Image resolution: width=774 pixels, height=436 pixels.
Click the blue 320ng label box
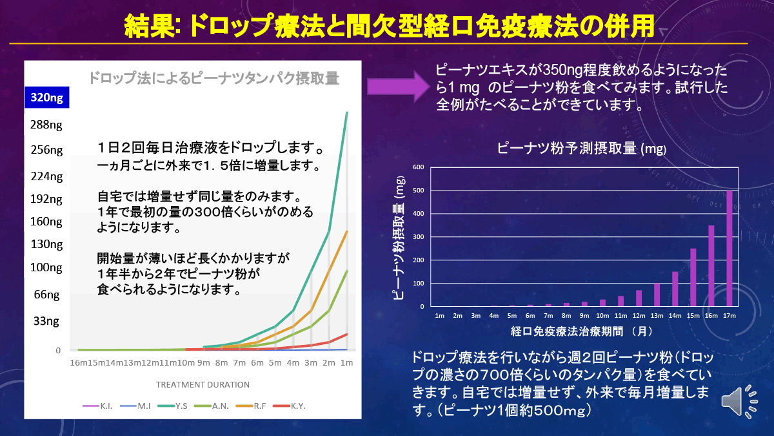click(x=46, y=98)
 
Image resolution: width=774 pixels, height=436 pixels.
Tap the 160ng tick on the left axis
click(x=46, y=222)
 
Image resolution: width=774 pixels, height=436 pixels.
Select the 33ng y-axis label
click(x=46, y=320)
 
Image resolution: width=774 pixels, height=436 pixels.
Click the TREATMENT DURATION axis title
click(x=203, y=384)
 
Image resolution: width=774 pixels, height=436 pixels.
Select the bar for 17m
click(x=729, y=249)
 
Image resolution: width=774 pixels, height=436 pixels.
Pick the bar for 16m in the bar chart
click(x=711, y=266)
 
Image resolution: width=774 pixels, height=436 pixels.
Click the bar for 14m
click(x=675, y=289)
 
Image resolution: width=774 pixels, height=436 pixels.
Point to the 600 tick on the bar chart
click(x=418, y=167)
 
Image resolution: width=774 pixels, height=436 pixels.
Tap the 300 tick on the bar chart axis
click(x=418, y=237)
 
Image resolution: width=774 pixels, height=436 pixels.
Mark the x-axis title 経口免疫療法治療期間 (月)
click(x=582, y=331)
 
